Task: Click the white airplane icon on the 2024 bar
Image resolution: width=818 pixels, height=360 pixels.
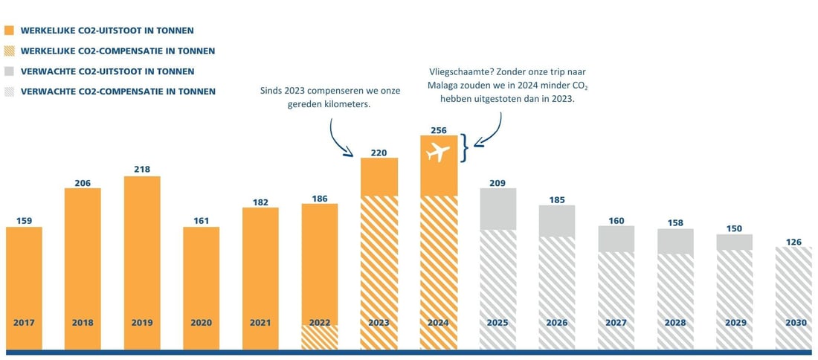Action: tap(439, 153)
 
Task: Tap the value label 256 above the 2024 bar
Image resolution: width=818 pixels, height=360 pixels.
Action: tap(439, 130)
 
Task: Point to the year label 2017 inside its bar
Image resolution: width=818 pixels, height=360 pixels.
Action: tap(24, 323)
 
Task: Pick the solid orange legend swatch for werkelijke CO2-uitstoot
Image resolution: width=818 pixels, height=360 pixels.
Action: tap(10, 30)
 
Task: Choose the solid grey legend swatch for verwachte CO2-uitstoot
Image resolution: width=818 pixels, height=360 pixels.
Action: tap(10, 71)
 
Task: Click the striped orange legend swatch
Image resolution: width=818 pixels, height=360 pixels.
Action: tap(10, 51)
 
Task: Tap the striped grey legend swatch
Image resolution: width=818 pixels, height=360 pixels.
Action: tap(10, 91)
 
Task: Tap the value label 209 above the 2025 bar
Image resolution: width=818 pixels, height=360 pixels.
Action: tap(498, 182)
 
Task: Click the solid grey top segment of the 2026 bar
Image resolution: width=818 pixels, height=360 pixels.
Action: tap(557, 221)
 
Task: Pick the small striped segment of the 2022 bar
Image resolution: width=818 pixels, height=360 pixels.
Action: tap(320, 337)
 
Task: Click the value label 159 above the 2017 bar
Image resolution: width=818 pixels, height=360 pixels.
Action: tap(24, 221)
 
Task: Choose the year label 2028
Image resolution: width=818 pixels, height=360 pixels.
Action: tap(675, 323)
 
